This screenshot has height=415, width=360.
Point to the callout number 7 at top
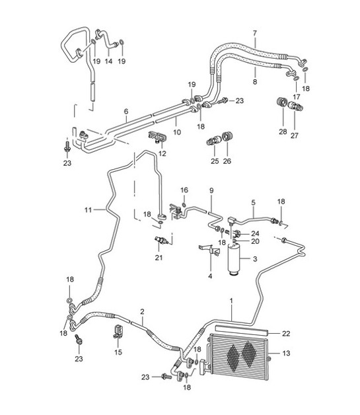point(254,32)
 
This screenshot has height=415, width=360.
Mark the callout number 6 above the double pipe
point(126,112)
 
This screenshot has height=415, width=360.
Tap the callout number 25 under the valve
point(214,160)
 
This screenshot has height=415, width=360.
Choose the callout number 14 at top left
point(109,61)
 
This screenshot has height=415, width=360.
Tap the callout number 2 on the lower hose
point(141,311)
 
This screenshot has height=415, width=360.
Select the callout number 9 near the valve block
point(212,191)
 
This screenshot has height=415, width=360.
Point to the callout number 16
point(184,190)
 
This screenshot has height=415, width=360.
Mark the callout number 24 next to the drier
point(254,233)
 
